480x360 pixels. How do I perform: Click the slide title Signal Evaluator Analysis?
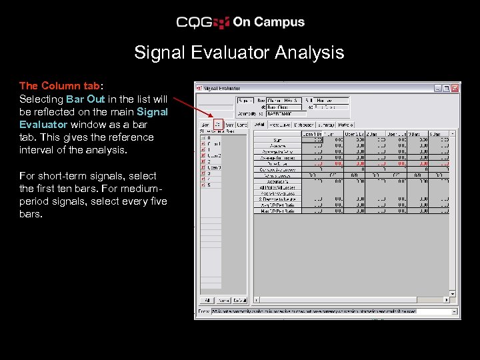tap(239, 53)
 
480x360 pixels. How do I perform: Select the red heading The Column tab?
tap(59, 85)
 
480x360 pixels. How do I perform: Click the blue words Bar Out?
tap(85, 99)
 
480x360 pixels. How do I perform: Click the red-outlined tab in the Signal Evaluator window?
tap(218, 124)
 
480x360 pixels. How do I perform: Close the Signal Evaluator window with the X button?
tap(455, 87)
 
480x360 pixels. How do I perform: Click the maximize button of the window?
tap(447, 87)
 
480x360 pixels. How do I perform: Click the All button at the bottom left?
tap(207, 300)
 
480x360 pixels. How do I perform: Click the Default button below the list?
tap(239, 300)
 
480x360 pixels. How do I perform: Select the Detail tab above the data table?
tap(259, 124)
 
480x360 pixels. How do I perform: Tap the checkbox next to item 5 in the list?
tap(203, 185)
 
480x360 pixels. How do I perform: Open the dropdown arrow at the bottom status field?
tap(455, 311)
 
